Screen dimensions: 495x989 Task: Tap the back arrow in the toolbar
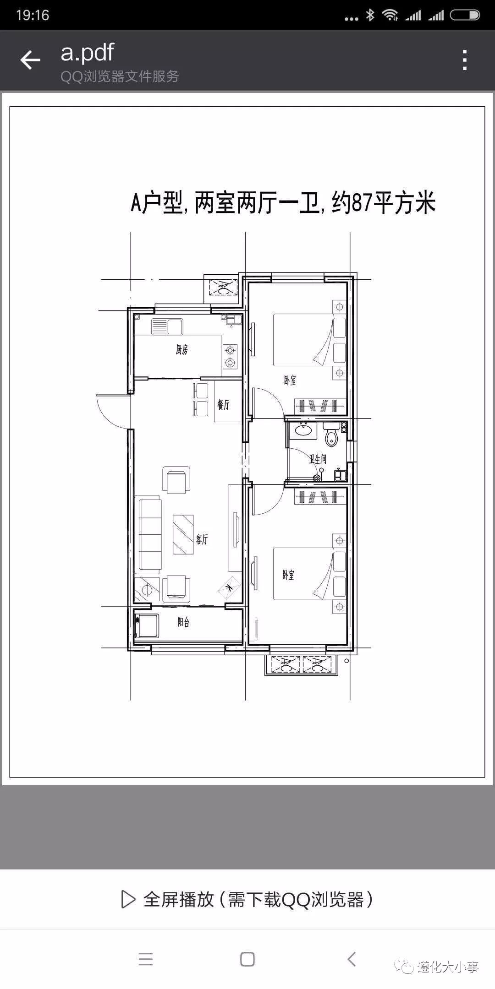click(30, 60)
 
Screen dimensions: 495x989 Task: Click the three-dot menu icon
click(465, 60)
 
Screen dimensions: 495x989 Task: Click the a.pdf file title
click(87, 52)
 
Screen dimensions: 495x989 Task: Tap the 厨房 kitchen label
click(181, 350)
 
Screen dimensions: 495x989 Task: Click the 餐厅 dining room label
click(223, 405)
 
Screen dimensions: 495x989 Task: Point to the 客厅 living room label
click(202, 539)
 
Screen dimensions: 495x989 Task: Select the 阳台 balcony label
click(183, 622)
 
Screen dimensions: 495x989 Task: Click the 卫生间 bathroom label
click(317, 458)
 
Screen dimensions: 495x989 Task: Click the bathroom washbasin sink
click(302, 430)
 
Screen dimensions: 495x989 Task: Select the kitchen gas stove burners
click(230, 357)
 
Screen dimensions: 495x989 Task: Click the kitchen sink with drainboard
click(167, 326)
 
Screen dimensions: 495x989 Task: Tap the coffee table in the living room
click(183, 534)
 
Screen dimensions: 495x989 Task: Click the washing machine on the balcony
click(147, 626)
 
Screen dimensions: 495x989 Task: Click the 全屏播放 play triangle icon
click(128, 899)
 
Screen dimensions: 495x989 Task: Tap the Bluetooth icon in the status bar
click(370, 15)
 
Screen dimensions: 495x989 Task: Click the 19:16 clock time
click(33, 15)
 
